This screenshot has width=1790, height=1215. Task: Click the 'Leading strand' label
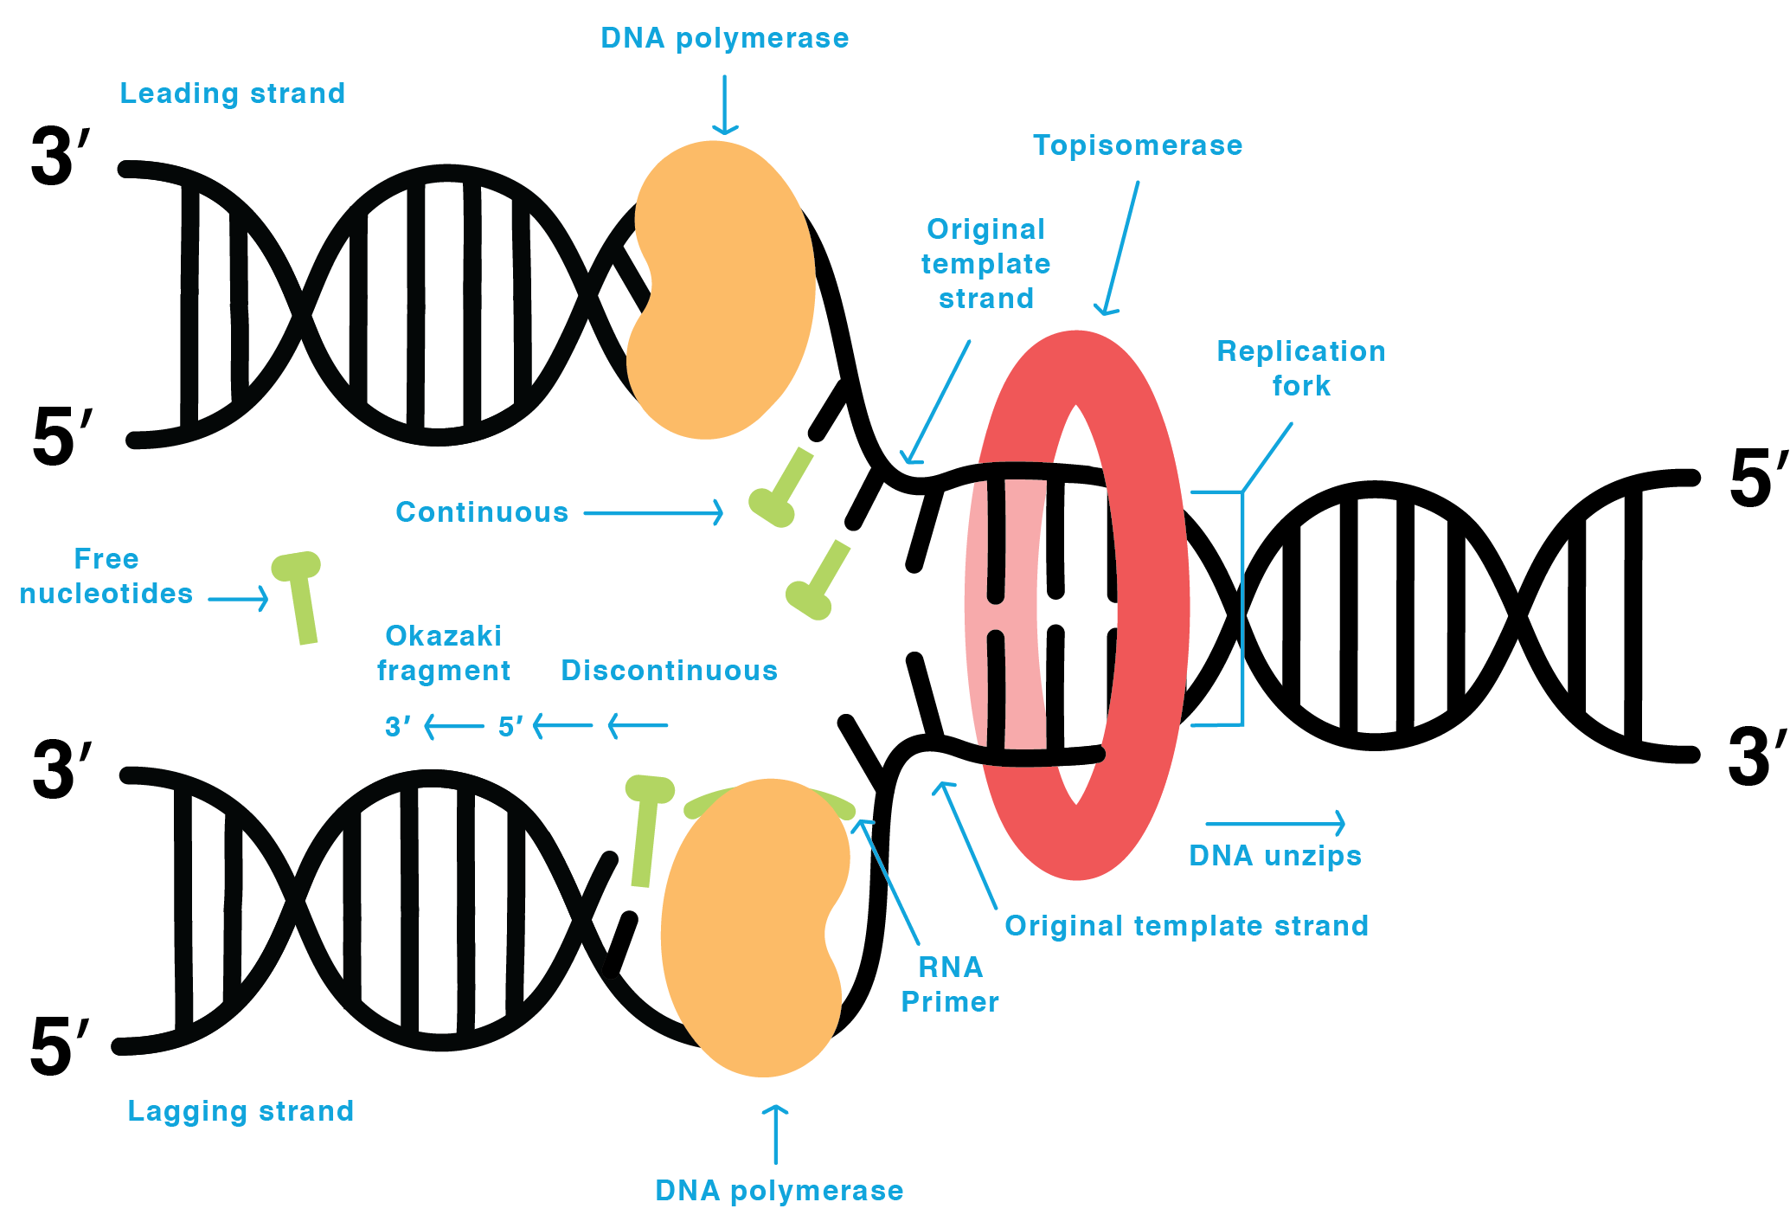click(x=232, y=93)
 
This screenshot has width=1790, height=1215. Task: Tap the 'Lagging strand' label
click(x=241, y=1111)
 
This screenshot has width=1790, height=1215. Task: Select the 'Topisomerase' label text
click(x=1138, y=145)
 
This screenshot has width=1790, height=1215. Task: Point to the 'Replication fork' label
click(x=1300, y=368)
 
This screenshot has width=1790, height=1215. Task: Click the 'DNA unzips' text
click(x=1275, y=856)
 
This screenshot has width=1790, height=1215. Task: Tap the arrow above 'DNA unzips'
click(x=1275, y=823)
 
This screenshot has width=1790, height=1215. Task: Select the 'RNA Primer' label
click(x=950, y=985)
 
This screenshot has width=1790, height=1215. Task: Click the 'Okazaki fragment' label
click(x=443, y=653)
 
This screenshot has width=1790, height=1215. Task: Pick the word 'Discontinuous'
click(x=669, y=671)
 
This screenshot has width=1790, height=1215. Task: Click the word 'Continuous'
click(x=482, y=512)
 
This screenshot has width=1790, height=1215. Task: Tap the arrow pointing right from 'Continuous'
click(x=653, y=512)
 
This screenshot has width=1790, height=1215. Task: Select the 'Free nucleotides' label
click(x=106, y=576)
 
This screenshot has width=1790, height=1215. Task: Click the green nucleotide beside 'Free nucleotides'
click(x=300, y=597)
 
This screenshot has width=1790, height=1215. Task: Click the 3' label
click(x=397, y=726)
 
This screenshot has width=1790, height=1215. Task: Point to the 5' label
click(x=510, y=726)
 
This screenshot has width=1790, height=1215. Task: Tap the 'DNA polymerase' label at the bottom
click(x=779, y=1191)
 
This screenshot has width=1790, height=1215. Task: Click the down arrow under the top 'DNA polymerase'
click(x=724, y=105)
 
